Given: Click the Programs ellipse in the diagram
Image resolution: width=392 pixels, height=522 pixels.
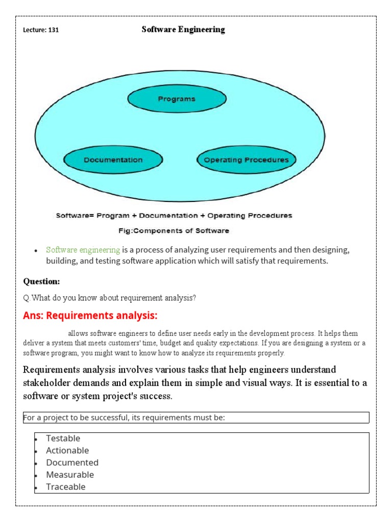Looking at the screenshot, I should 177,99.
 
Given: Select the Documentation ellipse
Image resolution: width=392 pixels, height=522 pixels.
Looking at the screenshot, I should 113,160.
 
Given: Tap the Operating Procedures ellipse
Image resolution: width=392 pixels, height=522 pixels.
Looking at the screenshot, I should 246,160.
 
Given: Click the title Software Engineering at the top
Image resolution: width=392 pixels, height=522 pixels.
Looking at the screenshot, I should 183,30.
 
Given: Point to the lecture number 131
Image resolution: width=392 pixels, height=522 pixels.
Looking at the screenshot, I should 53,30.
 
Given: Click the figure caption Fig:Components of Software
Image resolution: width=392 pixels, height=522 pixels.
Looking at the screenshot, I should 174,231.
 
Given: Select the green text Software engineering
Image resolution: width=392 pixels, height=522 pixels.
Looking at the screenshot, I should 83,250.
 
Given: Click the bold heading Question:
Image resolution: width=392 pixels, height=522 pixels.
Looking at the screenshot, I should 42,281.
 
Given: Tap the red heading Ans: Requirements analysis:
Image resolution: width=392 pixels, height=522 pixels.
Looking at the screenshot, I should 90,316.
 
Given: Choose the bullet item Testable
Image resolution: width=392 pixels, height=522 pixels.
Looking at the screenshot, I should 63,438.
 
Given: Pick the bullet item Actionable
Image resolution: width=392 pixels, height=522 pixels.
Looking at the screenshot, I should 67,451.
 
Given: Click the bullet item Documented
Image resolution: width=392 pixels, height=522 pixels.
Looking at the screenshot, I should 72,463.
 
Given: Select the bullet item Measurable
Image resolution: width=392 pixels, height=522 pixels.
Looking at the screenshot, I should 70,475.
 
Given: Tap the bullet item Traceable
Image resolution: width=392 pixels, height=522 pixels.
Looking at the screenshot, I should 66,487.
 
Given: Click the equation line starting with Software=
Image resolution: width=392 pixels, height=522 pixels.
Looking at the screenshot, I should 174,216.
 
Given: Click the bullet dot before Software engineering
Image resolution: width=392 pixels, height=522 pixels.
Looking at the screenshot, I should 36,251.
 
